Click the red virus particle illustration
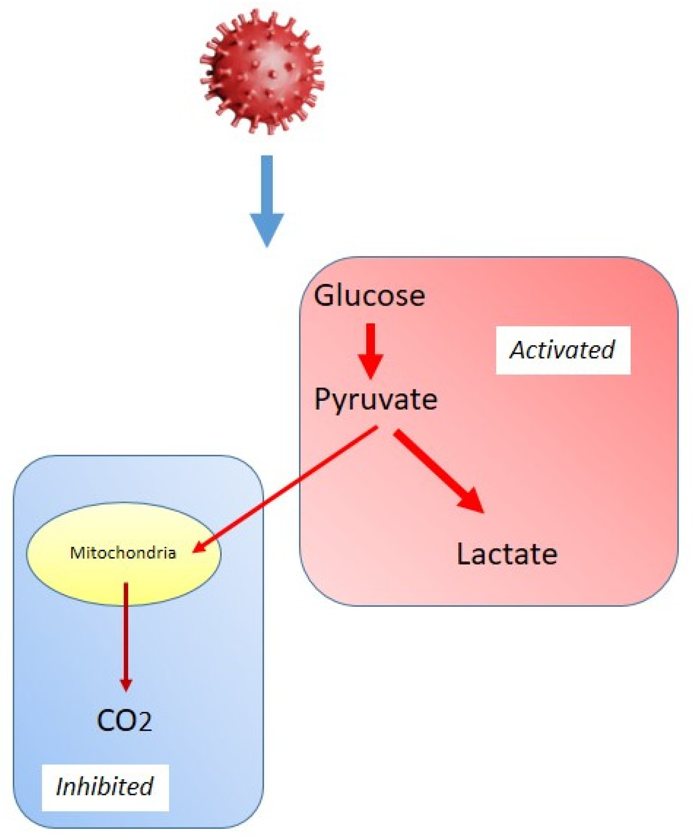tap(262, 72)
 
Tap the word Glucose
tap(369, 296)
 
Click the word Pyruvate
tap(375, 400)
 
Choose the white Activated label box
tap(563, 350)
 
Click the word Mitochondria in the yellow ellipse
tap(123, 553)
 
